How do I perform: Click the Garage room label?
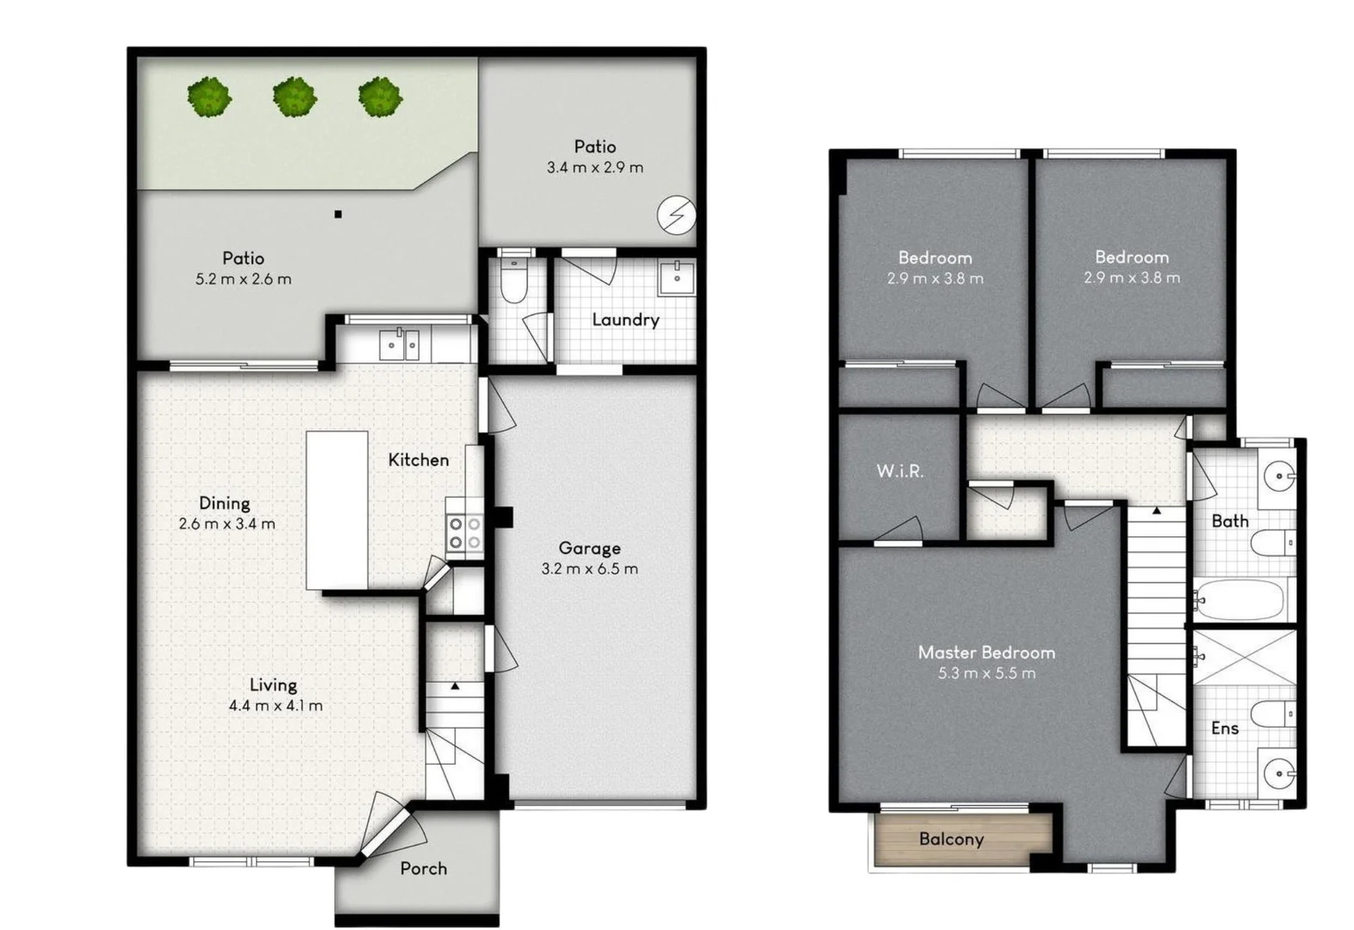pyautogui.click(x=589, y=548)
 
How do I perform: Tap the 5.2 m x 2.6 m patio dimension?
pyautogui.click(x=244, y=279)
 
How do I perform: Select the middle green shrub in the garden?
pyautogui.click(x=295, y=97)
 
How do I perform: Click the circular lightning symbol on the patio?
pyautogui.click(x=676, y=215)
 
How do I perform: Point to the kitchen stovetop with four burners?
pyautogui.click(x=464, y=532)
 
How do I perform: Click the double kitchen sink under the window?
pyautogui.click(x=399, y=344)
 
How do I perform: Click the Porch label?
pyautogui.click(x=424, y=868)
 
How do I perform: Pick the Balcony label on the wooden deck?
pyautogui.click(x=951, y=839)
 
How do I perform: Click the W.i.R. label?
pyautogui.click(x=900, y=471)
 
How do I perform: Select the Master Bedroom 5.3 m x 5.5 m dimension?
pyautogui.click(x=986, y=673)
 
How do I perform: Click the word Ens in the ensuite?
pyautogui.click(x=1224, y=728)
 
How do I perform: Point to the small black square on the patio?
pyautogui.click(x=338, y=214)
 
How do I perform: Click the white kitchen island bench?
pyautogui.click(x=338, y=511)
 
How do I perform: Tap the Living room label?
pyautogui.click(x=273, y=685)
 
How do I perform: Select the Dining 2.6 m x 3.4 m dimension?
pyautogui.click(x=227, y=524)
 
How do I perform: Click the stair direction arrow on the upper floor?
pyautogui.click(x=1157, y=511)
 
